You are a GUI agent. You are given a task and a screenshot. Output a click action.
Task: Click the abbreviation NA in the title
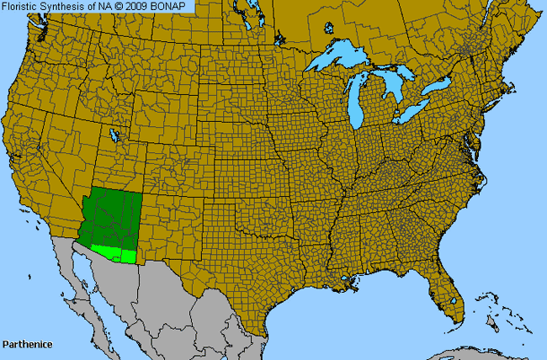tap(108, 7)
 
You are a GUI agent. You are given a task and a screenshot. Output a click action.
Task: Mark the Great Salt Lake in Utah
tap(114, 135)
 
